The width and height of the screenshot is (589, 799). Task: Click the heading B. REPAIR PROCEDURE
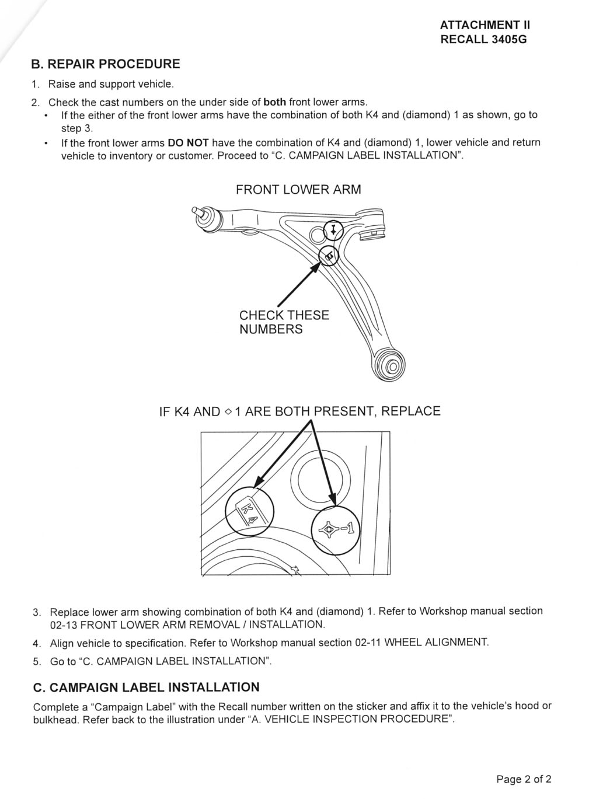click(106, 64)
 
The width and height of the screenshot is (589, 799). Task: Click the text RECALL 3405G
click(483, 39)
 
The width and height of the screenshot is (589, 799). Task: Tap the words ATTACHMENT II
click(485, 25)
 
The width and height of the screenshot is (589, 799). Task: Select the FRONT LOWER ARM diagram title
click(298, 190)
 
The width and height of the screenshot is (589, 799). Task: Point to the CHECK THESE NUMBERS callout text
click(284, 322)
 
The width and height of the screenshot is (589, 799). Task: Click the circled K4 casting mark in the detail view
click(249, 512)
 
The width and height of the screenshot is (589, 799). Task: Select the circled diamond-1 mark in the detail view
click(336, 531)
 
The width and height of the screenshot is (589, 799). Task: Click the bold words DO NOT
click(188, 143)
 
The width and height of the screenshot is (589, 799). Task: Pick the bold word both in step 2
click(275, 102)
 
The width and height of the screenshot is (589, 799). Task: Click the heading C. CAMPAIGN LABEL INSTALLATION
click(147, 688)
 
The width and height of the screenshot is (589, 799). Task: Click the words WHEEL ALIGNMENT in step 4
click(436, 643)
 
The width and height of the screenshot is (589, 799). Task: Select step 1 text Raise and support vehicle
click(111, 84)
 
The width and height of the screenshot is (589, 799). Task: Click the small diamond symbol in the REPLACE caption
click(228, 412)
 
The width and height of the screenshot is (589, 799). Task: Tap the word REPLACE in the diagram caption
click(410, 411)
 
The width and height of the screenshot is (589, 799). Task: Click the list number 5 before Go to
click(37, 662)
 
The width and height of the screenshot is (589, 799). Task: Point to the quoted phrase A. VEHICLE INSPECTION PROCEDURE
click(351, 718)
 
